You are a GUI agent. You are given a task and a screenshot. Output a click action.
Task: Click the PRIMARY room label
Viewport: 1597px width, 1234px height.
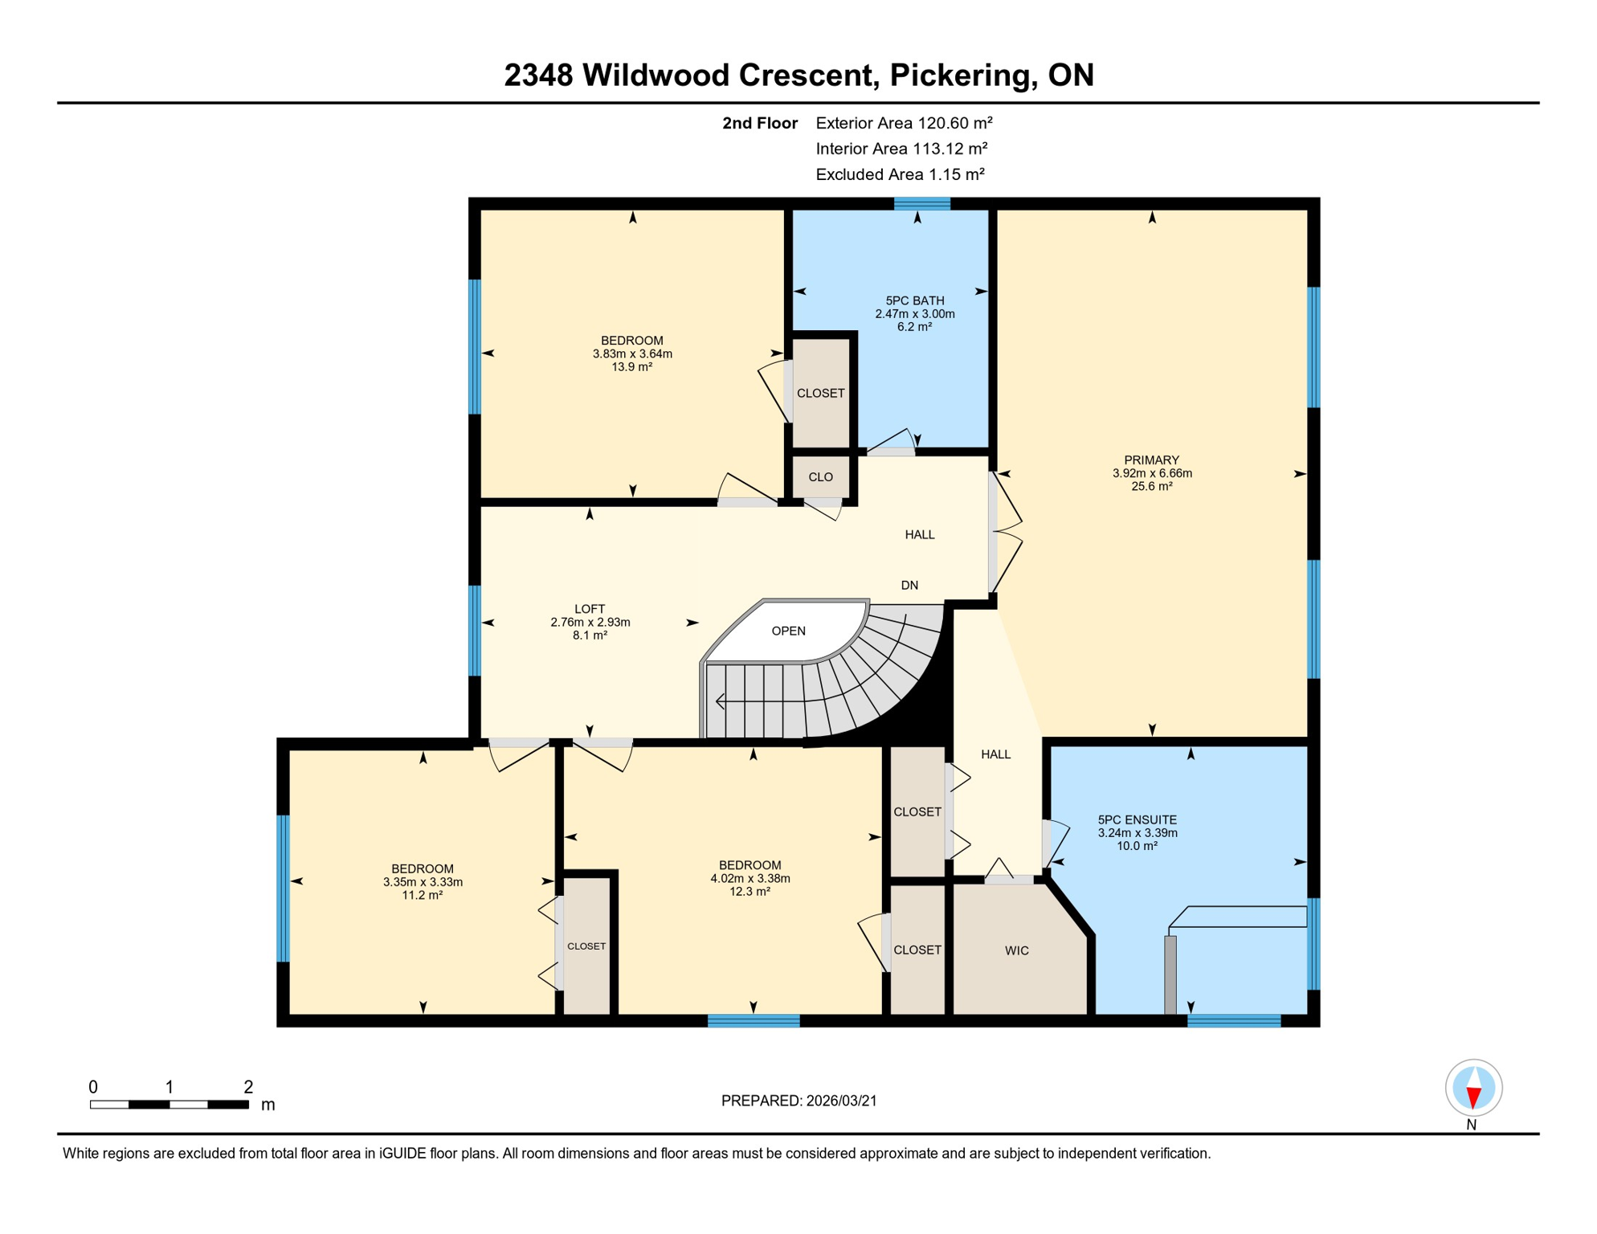coord(1151,460)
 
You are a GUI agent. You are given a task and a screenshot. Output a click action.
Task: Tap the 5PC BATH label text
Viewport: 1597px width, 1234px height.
coord(915,300)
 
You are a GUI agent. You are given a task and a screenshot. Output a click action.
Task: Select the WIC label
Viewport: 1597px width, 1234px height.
coord(1016,950)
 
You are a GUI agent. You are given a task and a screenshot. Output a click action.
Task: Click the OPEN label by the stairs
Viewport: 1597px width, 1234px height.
coord(788,631)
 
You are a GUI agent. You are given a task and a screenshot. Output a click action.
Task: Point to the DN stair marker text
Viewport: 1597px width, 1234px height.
coord(909,585)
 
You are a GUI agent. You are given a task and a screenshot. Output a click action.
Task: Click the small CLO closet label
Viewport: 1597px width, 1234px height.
coord(820,477)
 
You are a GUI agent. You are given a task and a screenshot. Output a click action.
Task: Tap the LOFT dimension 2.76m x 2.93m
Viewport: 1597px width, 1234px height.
coord(590,623)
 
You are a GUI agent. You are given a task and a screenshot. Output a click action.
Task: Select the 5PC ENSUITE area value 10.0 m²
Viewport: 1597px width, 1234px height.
coord(1137,846)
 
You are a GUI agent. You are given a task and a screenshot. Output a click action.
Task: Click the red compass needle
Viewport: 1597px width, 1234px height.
coord(1473,1097)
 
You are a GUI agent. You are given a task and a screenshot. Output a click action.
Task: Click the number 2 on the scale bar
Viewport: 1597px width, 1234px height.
coord(248,1087)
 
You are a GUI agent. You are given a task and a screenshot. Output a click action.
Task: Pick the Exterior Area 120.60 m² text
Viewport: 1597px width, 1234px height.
coord(904,123)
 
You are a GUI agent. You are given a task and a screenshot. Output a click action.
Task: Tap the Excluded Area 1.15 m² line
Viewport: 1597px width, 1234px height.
coord(900,174)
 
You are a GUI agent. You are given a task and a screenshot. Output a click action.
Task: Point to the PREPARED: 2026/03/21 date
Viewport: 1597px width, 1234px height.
coord(798,1101)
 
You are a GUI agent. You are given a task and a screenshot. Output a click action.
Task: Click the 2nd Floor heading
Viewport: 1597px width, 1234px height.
coord(759,123)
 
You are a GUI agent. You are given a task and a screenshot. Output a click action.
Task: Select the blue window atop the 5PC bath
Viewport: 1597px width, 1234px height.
coord(922,203)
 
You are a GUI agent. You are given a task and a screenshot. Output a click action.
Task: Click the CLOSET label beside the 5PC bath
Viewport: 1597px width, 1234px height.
coord(820,393)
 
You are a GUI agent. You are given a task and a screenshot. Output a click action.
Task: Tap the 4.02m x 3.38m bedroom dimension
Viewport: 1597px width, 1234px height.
coord(749,878)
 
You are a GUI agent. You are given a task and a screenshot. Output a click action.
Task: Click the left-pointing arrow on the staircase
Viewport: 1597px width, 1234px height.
coord(721,702)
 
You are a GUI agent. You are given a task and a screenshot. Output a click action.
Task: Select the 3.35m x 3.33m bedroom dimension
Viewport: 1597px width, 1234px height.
coord(423,882)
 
